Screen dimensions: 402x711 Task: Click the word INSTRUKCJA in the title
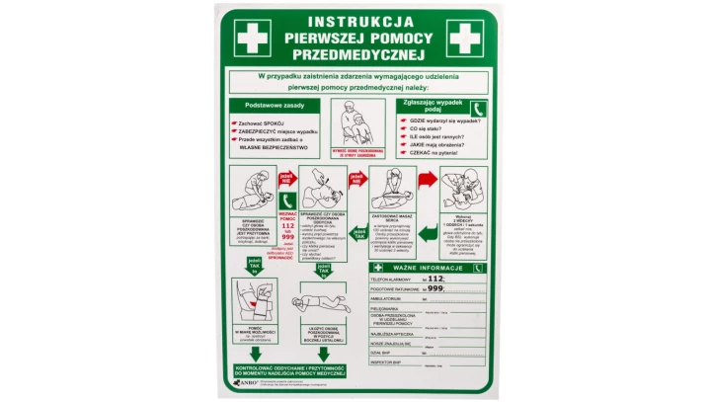coord(354,20)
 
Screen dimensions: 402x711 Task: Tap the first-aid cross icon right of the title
coord(464,38)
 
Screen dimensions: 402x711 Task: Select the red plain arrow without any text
coord(426,180)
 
